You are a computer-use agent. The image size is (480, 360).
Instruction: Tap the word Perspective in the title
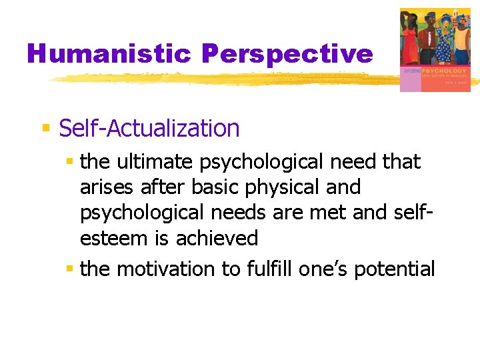point(287,53)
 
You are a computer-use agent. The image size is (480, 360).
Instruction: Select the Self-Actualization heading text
point(149,128)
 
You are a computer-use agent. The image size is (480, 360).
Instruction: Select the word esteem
point(111,238)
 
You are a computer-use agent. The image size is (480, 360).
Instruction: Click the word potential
point(395,269)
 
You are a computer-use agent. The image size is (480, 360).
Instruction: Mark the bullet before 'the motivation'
point(69,268)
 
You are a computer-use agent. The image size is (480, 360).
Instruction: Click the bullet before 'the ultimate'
point(69,161)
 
